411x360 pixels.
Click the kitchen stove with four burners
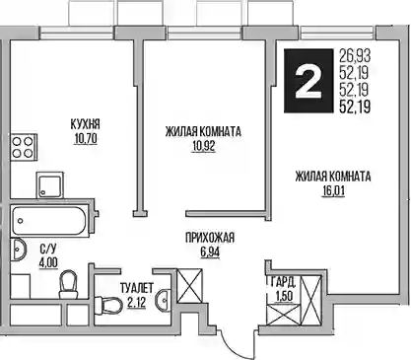(x=24, y=147)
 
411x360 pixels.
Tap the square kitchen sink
(x=49, y=184)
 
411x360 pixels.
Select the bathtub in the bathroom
(x=49, y=220)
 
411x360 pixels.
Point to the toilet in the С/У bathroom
(x=69, y=285)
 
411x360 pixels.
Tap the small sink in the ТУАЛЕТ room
(x=164, y=299)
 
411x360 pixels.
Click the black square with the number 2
(x=308, y=81)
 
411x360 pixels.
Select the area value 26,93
(x=355, y=56)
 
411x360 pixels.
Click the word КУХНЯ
(x=85, y=124)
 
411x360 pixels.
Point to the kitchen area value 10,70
(x=86, y=139)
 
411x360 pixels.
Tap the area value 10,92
(x=204, y=146)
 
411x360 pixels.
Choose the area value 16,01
(x=333, y=191)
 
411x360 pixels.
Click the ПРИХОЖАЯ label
(x=210, y=238)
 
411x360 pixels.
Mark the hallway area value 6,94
(x=210, y=252)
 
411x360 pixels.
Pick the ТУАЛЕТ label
(x=137, y=288)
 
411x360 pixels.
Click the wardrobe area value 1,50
(x=284, y=296)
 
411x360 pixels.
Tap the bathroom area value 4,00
(x=48, y=262)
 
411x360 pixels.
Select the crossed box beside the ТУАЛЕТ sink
(x=189, y=286)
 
